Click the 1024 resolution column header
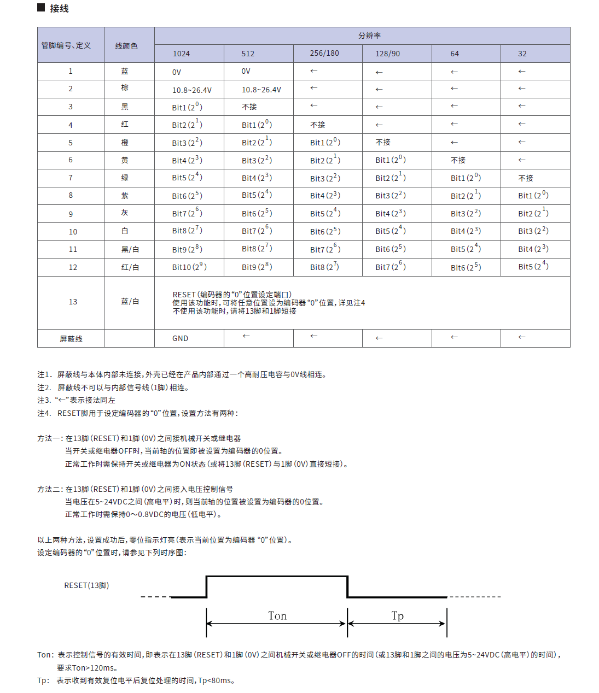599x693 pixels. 182,54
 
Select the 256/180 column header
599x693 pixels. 324,53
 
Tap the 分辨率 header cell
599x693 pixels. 370,36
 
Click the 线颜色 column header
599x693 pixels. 126,46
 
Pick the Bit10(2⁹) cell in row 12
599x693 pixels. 189,267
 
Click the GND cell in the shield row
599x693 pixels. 181,338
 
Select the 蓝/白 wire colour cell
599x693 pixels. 130,301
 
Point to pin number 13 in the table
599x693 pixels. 73,302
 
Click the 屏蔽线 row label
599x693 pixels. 71,339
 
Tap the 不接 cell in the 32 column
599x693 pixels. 526,178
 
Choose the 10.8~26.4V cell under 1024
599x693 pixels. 192,90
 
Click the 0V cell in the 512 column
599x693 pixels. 246,71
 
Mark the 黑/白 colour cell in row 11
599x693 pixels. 130,249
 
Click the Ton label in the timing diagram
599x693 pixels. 277,616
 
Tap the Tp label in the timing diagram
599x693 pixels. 398,616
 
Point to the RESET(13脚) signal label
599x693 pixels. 86,585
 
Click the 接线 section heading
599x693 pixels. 59,8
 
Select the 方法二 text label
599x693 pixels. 50,489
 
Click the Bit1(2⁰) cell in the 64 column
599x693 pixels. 466,178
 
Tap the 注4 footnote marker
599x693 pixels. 44,413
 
